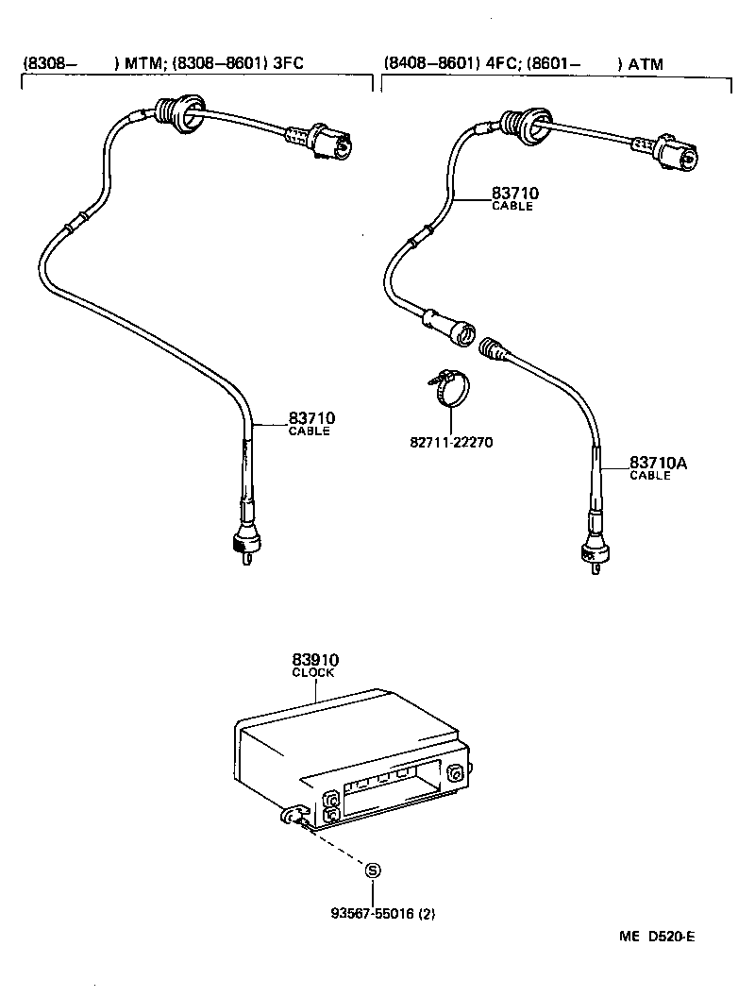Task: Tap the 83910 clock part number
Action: [315, 661]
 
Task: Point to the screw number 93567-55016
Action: [375, 914]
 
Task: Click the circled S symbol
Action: [374, 870]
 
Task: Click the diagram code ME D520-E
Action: [657, 937]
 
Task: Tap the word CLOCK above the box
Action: [312, 673]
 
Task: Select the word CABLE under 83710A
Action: [650, 476]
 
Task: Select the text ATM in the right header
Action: [646, 65]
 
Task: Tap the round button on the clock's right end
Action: [457, 774]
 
